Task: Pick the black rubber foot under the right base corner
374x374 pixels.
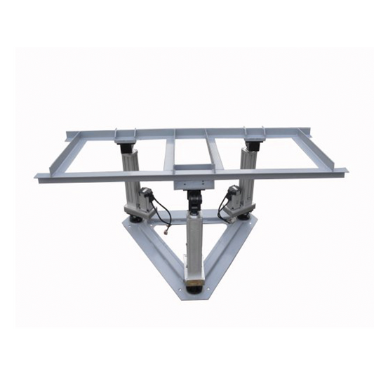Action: (246, 218)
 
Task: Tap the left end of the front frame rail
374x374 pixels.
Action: (39, 176)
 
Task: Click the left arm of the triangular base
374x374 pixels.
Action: (154, 253)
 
